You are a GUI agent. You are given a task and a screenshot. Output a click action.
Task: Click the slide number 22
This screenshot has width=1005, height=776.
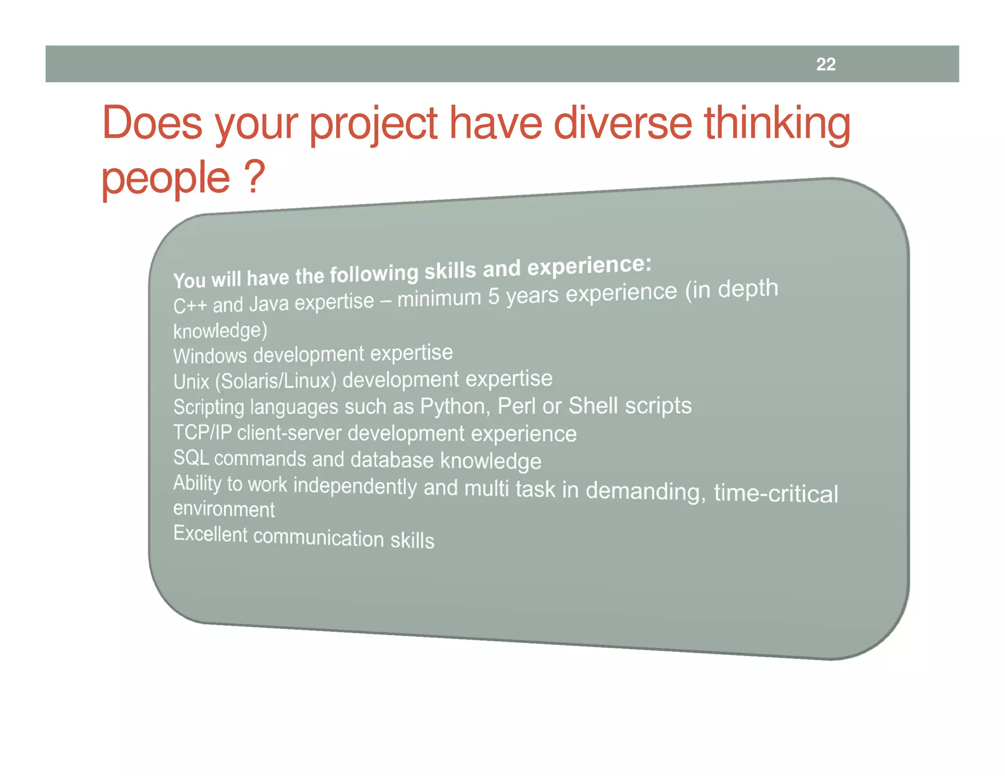click(x=825, y=64)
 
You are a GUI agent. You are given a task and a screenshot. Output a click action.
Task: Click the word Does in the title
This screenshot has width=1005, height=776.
click(x=152, y=123)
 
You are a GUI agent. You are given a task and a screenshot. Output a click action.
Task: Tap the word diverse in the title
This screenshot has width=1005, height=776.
click(x=623, y=123)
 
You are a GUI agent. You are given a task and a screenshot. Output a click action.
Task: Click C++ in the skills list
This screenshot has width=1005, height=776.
click(x=190, y=307)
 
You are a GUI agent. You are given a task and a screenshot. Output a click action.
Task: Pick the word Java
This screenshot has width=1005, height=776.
click(x=269, y=304)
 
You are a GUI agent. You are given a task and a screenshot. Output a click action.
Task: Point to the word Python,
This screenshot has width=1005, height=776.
click(x=455, y=407)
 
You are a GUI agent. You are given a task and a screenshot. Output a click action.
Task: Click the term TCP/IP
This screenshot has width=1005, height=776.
click(x=202, y=432)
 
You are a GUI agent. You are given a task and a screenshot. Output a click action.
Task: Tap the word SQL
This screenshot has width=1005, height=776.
click(x=191, y=457)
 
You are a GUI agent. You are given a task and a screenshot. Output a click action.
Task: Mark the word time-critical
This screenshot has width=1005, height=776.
click(x=775, y=493)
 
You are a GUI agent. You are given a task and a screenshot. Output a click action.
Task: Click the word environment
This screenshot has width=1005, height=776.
click(x=224, y=509)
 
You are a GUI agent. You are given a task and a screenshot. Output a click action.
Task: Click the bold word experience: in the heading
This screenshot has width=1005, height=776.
click(x=589, y=266)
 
